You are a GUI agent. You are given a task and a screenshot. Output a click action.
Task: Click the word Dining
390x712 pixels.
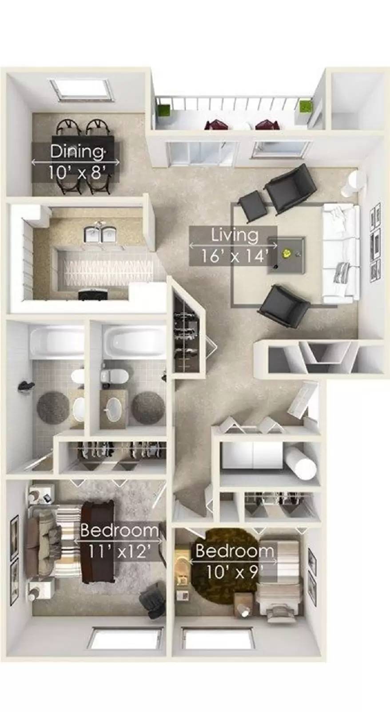[x=77, y=151]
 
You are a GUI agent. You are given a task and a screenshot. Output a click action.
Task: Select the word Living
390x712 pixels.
[x=234, y=234]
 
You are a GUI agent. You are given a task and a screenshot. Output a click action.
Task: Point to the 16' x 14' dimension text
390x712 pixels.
[x=234, y=256]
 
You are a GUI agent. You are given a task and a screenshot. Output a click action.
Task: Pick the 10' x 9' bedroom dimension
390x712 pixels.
[x=231, y=571]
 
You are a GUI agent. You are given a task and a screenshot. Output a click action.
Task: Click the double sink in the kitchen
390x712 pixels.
[x=100, y=235]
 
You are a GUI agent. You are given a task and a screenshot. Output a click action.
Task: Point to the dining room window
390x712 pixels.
[x=79, y=90]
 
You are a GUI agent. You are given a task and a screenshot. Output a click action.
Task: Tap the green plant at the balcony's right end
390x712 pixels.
[x=305, y=107]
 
